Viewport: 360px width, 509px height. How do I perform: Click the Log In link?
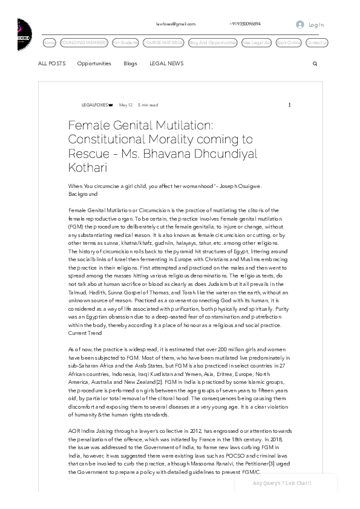coord(316,25)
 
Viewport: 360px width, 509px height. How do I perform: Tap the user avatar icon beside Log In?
coord(299,25)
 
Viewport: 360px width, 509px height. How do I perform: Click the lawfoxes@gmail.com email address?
coord(175,24)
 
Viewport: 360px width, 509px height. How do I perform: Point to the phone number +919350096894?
coord(245,24)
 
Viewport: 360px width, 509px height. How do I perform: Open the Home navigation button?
coord(50,43)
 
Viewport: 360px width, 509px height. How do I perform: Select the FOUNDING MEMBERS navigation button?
coord(84,43)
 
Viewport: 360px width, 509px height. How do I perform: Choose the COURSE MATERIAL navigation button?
coord(164,43)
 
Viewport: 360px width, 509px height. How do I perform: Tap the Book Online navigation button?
coord(289,43)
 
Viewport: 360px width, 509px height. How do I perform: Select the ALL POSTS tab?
coord(51,63)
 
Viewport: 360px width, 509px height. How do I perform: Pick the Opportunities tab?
coord(94,63)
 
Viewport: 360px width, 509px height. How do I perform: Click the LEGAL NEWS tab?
coord(166,63)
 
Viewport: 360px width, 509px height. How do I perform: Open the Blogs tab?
coord(130,63)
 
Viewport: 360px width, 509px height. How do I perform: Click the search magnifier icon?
coord(315,63)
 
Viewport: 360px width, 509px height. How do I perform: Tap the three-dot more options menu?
coord(289,105)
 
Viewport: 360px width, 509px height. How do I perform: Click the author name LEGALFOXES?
coord(94,105)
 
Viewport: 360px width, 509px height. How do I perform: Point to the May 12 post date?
coord(126,105)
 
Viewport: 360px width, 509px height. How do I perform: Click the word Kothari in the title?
coord(88,167)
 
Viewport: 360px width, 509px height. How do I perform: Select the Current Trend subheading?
coord(85,332)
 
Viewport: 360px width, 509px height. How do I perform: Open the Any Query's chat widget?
coord(282,483)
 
